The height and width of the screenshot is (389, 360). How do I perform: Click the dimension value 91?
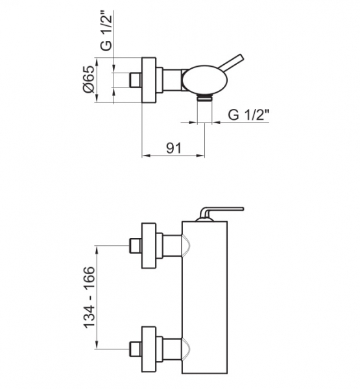[174, 148]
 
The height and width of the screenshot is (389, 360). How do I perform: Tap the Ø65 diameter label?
[90, 79]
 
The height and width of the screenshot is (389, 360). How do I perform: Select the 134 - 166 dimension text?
[90, 297]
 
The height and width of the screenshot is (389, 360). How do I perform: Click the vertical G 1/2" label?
[107, 31]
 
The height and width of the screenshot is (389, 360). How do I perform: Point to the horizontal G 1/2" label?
[249, 115]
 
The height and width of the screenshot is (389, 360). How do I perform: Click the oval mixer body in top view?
[205, 79]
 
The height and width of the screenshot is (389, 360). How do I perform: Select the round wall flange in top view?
[149, 80]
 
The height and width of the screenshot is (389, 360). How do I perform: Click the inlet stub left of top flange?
[136, 80]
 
